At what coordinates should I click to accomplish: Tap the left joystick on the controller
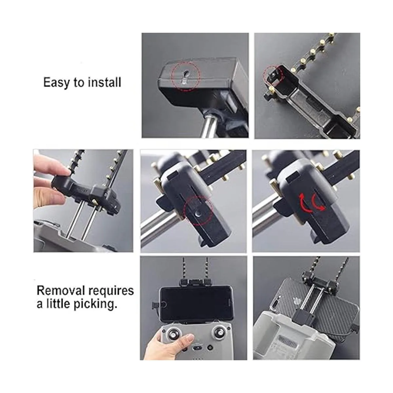tap(173, 335)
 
